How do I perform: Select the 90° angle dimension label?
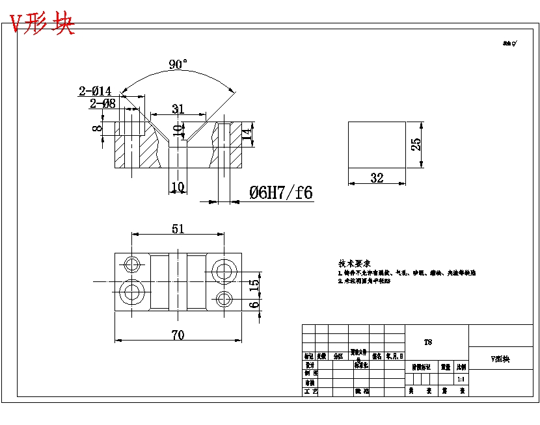point(178,64)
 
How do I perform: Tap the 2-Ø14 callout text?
point(95,91)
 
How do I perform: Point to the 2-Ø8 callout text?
point(102,103)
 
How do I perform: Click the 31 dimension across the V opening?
point(178,109)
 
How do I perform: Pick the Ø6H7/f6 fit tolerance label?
point(280,192)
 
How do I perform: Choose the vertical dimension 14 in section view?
point(246,135)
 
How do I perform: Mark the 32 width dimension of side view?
point(377,178)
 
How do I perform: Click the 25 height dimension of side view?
point(416,144)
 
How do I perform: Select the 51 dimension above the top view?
point(178,229)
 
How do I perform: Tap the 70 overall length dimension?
point(178,335)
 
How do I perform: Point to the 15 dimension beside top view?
point(254,283)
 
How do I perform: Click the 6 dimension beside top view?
point(254,303)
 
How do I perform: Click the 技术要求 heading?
point(354,264)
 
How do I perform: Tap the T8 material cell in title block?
point(427,342)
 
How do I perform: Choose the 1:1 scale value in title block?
point(461,379)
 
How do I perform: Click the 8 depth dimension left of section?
point(97,128)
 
